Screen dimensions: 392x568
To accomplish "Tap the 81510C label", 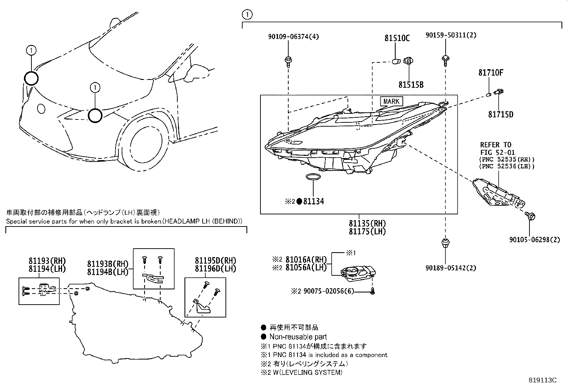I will pyautogui.click(x=397, y=38).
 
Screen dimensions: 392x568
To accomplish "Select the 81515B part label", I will pyautogui.click(x=411, y=85).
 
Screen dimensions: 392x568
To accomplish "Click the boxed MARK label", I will pyautogui.click(x=391, y=102).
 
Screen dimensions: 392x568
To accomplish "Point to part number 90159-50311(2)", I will pyautogui.click(x=451, y=35).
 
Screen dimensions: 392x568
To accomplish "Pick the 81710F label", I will pyautogui.click(x=491, y=73).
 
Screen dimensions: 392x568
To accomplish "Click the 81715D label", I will pyautogui.click(x=501, y=114).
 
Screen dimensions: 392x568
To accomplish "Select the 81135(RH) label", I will pyautogui.click(x=367, y=224).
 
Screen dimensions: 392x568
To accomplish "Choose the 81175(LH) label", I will pyautogui.click(x=367, y=231).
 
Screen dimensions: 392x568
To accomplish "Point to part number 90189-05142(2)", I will pyautogui.click(x=451, y=268).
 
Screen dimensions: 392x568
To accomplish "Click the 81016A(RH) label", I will pyautogui.click(x=306, y=260).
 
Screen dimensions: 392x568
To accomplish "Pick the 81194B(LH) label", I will pyautogui.click(x=108, y=272).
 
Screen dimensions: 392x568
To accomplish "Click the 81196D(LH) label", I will pyautogui.click(x=215, y=269).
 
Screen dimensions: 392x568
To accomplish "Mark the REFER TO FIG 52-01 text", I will pyautogui.click(x=496, y=149).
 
